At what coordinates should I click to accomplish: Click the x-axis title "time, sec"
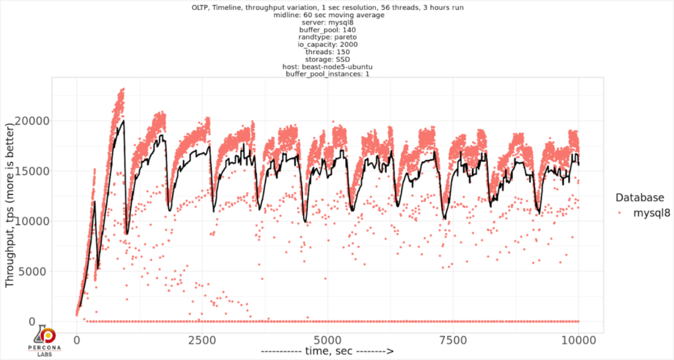[x=327, y=351]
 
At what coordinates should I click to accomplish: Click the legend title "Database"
[x=638, y=197]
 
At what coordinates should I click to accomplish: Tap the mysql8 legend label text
[x=652, y=213]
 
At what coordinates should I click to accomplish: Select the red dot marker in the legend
[x=621, y=213]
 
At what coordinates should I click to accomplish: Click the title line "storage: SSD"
[x=328, y=59]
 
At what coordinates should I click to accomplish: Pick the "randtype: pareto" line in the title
[x=328, y=37]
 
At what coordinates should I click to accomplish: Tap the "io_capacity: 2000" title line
[x=328, y=44]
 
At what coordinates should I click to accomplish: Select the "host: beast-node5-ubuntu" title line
[x=328, y=66]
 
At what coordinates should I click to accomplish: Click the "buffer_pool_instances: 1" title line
[x=328, y=73]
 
